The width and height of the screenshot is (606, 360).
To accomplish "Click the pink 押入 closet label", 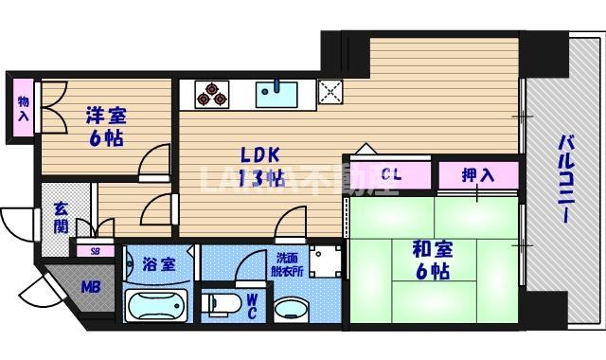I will point(478,175).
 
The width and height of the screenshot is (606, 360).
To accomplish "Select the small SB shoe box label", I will point(94,251).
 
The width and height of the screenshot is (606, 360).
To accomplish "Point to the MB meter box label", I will point(91,287).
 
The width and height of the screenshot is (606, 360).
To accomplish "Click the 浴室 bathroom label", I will point(158,264).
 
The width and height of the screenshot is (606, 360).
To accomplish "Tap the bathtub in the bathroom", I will point(158,307).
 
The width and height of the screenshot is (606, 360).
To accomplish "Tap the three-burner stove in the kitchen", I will point(212,95).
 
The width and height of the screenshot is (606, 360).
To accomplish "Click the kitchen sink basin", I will point(276,94).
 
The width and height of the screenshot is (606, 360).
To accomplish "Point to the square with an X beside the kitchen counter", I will point(330,93).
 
